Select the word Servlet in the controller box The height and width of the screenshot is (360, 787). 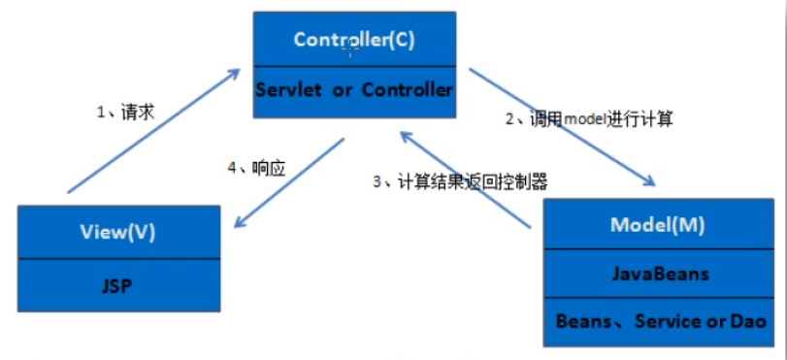287,90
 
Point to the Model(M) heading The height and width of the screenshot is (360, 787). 657,224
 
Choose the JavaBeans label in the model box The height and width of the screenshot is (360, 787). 657,273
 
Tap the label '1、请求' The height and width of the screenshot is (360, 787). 125,113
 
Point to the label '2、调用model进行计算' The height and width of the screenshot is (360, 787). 588,121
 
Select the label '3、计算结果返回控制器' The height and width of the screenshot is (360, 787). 460,181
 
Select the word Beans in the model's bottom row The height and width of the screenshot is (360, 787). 584,321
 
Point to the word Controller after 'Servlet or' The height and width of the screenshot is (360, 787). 407,90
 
